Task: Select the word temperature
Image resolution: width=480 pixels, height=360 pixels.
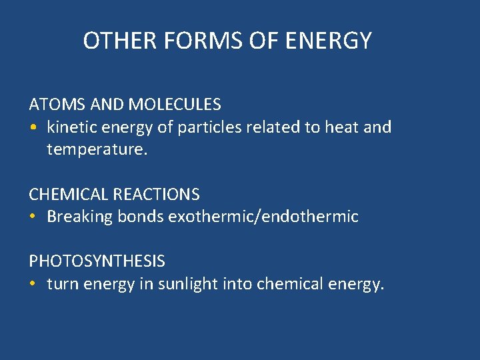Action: point(96,149)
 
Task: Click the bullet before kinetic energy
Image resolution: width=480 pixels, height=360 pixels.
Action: point(33,127)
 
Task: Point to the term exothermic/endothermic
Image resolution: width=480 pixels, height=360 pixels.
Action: point(263,217)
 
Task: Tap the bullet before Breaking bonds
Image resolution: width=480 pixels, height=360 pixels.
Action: point(33,217)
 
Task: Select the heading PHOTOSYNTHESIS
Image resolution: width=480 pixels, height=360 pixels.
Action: point(97,261)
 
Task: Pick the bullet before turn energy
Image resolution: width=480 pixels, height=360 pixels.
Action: point(33,284)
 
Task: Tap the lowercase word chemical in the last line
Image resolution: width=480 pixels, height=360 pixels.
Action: point(291,284)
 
